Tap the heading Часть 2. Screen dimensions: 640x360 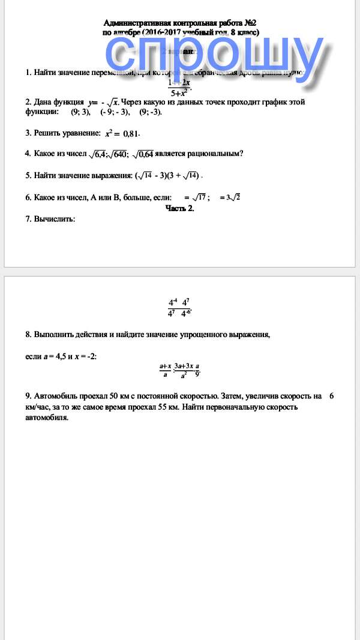tap(179, 209)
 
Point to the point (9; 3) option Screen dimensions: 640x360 tap(80, 112)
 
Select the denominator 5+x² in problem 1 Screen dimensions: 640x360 tap(179, 93)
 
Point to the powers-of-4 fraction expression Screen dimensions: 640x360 tap(179, 308)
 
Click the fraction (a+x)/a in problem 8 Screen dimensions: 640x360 tap(165, 370)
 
